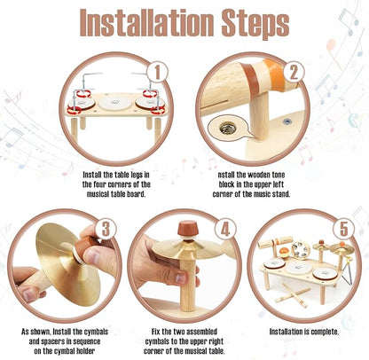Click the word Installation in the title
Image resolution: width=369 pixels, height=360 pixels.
click(147, 22)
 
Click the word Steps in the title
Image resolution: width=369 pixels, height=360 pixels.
click(255, 24)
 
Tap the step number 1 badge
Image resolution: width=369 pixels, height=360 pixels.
click(158, 72)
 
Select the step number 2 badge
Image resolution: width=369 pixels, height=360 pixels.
click(294, 72)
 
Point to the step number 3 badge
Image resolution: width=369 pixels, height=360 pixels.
click(106, 229)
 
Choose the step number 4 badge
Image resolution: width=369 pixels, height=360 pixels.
click(225, 229)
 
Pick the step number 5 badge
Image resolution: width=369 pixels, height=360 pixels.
click(343, 229)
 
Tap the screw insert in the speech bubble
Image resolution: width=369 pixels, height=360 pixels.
click(226, 128)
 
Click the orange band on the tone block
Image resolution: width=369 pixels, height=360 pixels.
click(274, 74)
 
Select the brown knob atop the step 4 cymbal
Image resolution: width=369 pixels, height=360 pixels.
click(185, 230)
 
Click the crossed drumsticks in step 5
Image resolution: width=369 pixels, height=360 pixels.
click(292, 295)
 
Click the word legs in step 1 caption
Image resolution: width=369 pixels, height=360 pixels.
click(136, 175)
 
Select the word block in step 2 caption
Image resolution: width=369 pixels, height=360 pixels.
click(226, 184)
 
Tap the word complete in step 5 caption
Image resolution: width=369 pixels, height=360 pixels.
click(324, 332)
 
